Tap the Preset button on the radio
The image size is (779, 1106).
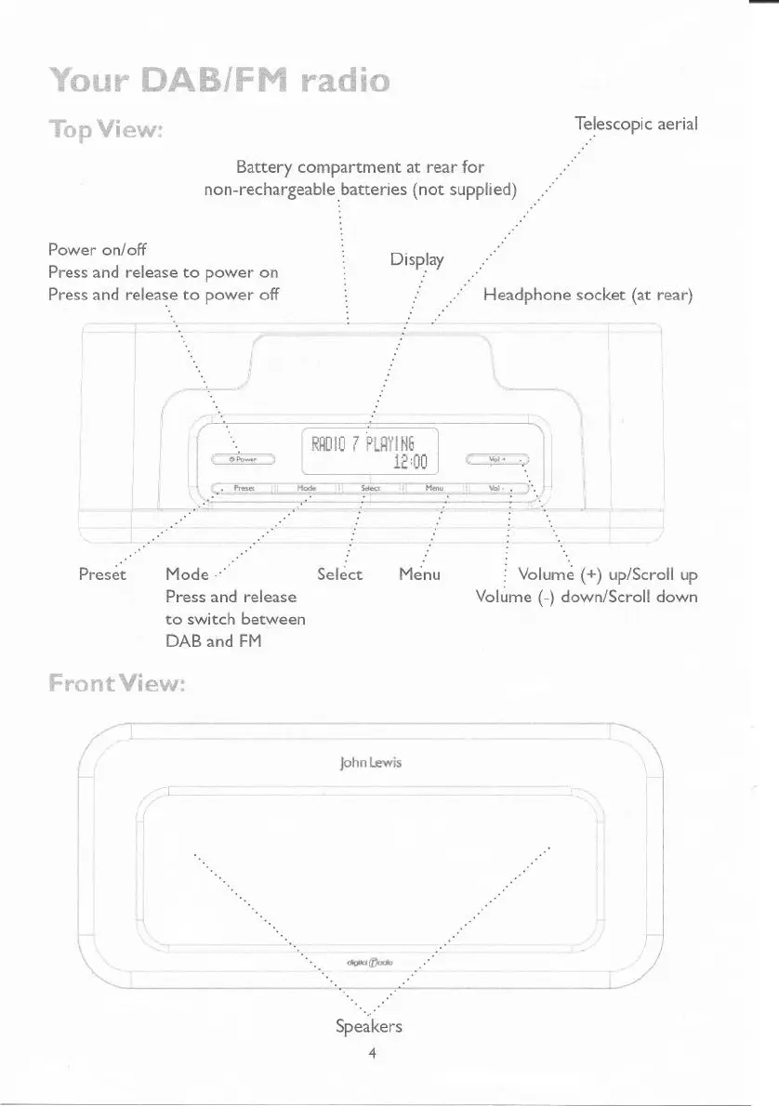click(x=244, y=488)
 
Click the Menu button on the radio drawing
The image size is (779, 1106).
click(x=432, y=488)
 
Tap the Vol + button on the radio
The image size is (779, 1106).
click(x=497, y=458)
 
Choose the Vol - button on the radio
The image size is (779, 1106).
click(x=497, y=488)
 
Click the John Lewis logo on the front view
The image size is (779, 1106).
click(x=377, y=763)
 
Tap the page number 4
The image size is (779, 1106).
click(x=371, y=1054)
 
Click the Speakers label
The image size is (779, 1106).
click(x=369, y=1027)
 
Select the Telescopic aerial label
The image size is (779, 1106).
click(x=637, y=124)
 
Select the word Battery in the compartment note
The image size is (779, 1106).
click(x=265, y=168)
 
